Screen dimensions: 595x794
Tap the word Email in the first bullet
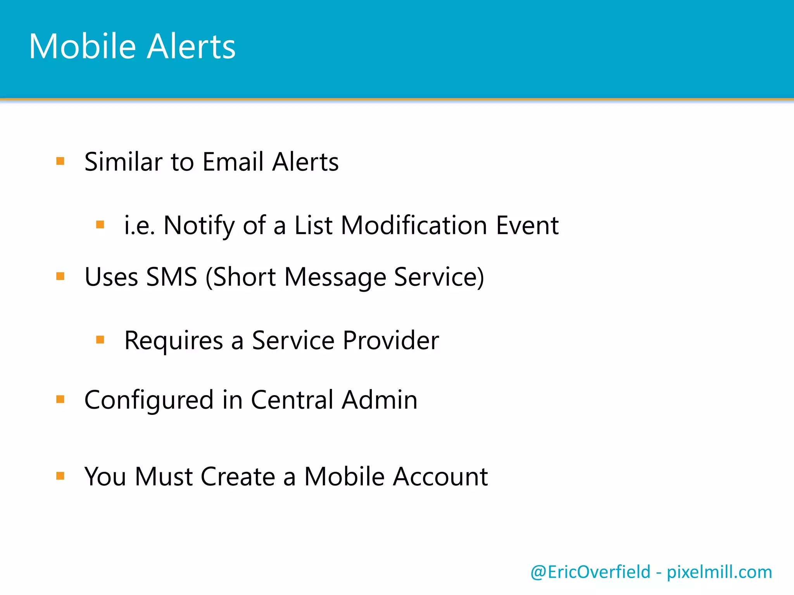(x=233, y=162)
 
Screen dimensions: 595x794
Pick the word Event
(x=527, y=225)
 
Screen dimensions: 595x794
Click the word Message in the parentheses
(x=335, y=277)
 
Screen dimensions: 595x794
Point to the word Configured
(x=149, y=400)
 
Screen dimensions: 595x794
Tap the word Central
(x=292, y=400)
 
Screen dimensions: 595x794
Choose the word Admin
(x=380, y=400)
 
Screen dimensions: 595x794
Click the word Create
(x=238, y=476)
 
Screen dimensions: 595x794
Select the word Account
(x=440, y=476)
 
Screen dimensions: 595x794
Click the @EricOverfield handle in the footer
(x=590, y=572)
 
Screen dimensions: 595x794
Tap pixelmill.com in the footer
(x=719, y=572)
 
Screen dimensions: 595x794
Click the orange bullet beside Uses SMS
(x=60, y=276)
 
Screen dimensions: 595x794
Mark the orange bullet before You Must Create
(x=60, y=476)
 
